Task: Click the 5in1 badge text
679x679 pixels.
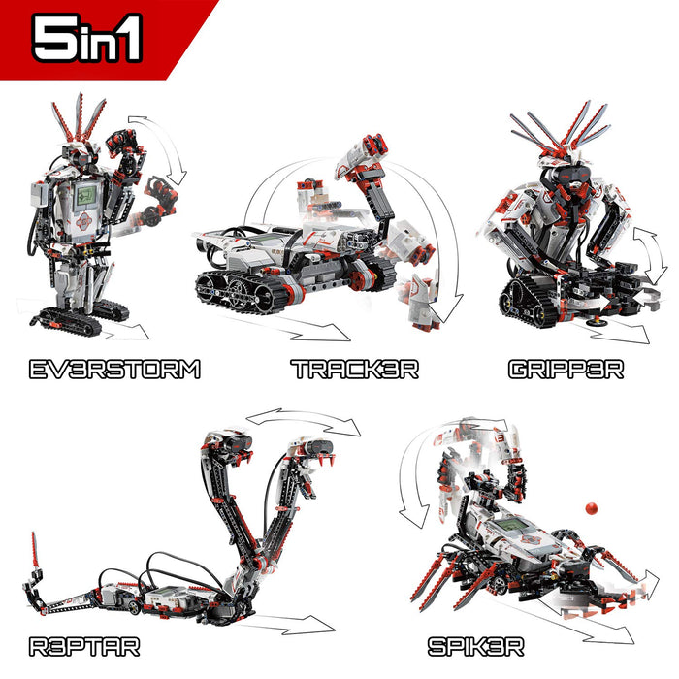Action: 86,38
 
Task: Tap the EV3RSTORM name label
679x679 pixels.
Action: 114,370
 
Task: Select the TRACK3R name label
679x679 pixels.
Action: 355,370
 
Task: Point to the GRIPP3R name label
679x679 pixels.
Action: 566,370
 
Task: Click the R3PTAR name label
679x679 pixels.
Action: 84,647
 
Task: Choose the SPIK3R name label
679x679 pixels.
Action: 476,647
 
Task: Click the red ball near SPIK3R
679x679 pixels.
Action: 591,508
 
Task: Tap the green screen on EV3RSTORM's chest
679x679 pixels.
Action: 85,195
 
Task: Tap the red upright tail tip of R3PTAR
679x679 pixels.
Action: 35,550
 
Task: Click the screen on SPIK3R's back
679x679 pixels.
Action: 511,525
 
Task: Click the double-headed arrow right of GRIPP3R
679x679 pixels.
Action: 651,255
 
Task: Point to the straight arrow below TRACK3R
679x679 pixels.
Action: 303,326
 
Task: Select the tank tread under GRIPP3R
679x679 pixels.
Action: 526,303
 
